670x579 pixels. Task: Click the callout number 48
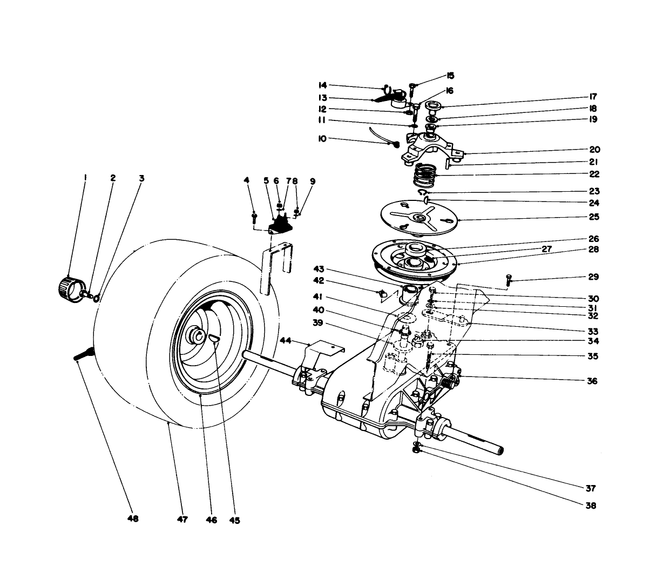133,519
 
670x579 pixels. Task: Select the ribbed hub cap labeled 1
69,286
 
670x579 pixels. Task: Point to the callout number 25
594,217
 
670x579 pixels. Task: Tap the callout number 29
594,277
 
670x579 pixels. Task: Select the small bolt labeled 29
508,280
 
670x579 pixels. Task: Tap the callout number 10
322,139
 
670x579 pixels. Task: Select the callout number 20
594,150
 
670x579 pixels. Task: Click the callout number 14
322,85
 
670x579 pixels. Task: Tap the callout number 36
592,381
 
